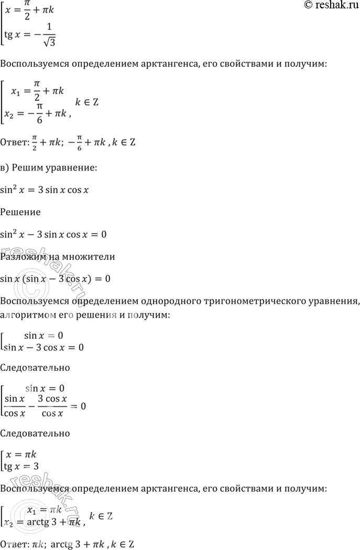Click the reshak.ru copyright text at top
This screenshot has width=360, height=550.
click(x=331, y=5)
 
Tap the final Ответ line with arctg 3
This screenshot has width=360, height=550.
click(x=68, y=544)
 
